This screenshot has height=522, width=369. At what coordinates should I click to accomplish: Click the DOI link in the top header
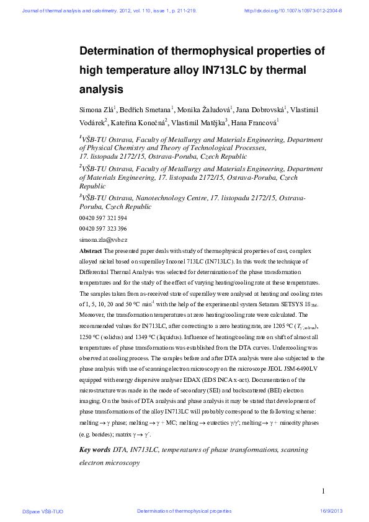293,11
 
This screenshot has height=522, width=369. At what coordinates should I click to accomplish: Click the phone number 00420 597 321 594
103,218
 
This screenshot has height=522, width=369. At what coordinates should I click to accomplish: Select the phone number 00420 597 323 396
103,229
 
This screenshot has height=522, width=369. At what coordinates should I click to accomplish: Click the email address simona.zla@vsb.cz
103,239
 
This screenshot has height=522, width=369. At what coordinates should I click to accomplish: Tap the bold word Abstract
91,251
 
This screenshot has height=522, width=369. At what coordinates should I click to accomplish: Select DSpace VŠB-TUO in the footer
43,511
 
